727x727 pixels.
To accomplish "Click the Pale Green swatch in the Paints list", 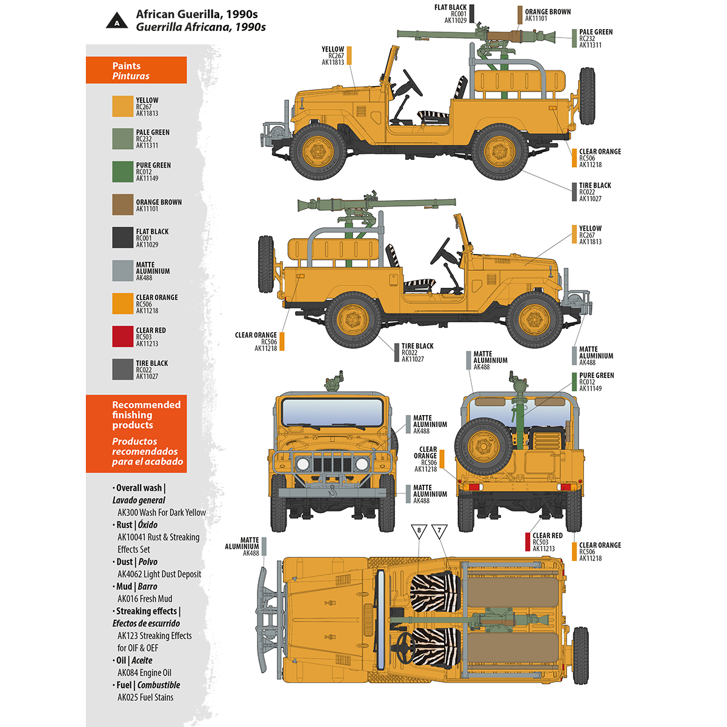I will [x=122, y=139].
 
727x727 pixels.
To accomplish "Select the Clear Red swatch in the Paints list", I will [x=122, y=337].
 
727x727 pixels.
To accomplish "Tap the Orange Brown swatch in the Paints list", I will [x=122, y=205].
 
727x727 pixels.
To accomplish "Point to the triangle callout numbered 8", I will [x=419, y=531].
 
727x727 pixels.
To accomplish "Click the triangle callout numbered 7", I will [x=439, y=531].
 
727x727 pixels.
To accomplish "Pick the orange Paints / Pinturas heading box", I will [x=136, y=70].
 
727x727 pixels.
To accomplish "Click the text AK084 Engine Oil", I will [x=144, y=672].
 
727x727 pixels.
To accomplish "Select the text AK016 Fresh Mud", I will [x=145, y=599].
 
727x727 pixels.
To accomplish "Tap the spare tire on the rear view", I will [x=483, y=446].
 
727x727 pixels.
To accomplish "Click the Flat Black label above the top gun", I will [x=451, y=14].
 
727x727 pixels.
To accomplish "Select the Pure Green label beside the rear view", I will [x=596, y=382].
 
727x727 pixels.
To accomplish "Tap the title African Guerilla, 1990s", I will [x=196, y=14].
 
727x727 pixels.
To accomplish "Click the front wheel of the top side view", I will [x=318, y=151].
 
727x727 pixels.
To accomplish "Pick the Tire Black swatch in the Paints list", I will [x=122, y=370].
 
